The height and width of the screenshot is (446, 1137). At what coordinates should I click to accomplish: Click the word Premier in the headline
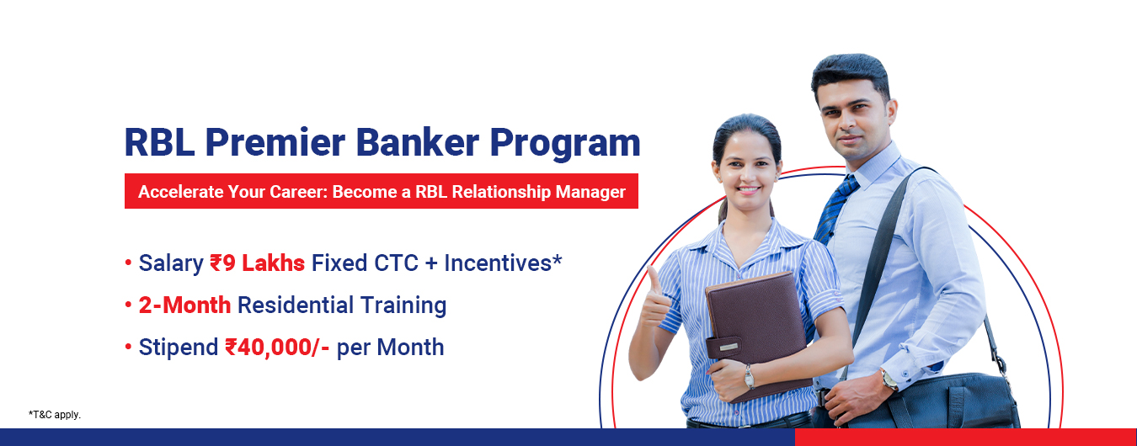(275, 142)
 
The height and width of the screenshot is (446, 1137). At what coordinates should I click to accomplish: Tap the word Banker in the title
(417, 142)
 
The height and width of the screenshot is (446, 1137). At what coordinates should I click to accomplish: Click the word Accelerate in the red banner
(181, 192)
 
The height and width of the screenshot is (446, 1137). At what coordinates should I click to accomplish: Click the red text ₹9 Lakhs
(258, 263)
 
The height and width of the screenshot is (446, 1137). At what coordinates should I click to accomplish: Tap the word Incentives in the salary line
(498, 263)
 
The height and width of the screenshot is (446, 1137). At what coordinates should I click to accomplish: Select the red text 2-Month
(184, 305)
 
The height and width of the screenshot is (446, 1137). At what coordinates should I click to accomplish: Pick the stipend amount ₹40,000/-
(277, 348)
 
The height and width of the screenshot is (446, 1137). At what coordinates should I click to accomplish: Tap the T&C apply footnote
(55, 415)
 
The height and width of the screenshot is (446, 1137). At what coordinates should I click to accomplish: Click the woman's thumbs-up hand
(655, 300)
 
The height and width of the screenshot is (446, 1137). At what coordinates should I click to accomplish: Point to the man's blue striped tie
(835, 209)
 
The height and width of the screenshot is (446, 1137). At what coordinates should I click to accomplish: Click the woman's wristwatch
(750, 376)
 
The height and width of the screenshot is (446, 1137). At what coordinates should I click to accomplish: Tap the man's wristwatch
(889, 380)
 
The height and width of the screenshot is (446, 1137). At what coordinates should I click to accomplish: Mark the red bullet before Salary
(128, 263)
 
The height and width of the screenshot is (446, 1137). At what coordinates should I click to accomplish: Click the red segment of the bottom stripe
(965, 437)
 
